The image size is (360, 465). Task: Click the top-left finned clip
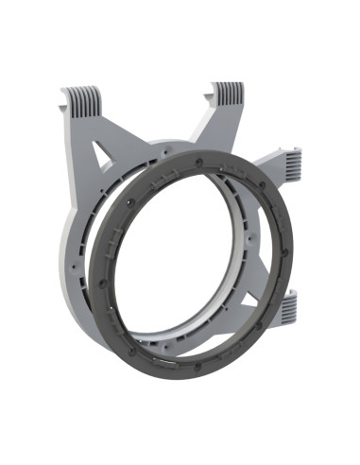pos(82,96)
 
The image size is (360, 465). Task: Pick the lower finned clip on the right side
pos(288,304)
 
